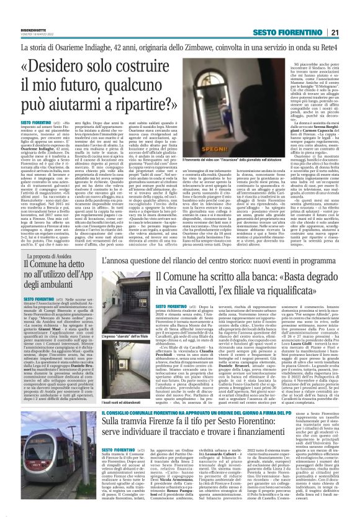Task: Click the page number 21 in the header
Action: click(351, 14)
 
